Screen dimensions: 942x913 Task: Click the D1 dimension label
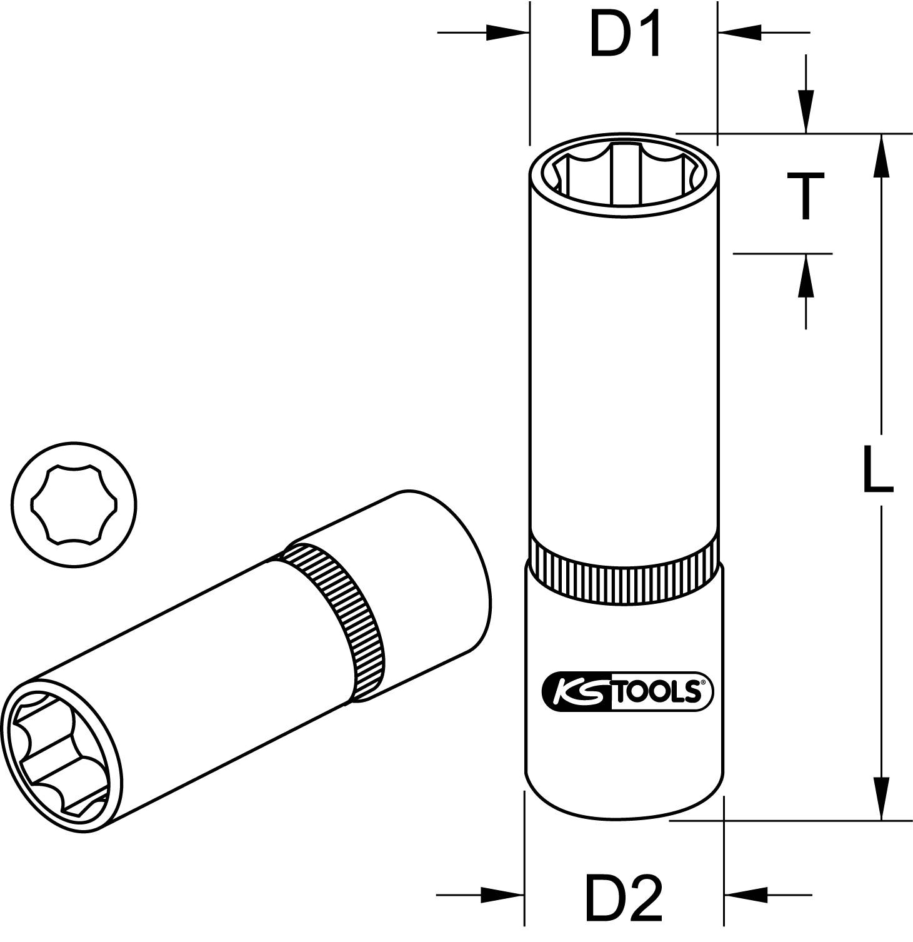coord(625,36)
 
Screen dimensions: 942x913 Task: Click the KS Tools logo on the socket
coord(624,691)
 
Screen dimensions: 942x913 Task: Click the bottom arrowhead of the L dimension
coord(881,797)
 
